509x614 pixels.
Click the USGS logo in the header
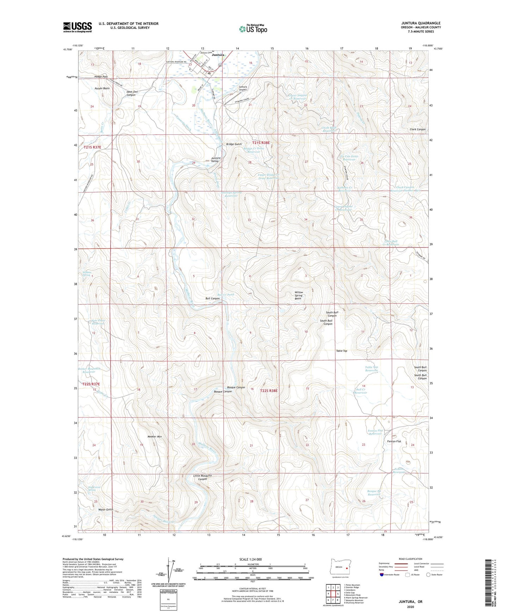coord(77,27)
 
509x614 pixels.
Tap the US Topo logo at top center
coord(253,29)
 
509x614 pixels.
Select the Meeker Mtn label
coord(154,437)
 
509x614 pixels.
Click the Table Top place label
coord(341,351)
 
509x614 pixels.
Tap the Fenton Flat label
coord(394,441)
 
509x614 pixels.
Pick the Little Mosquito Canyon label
coord(203,477)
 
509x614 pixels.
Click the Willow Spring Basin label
coord(298,295)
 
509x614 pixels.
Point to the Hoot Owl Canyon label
coord(131,93)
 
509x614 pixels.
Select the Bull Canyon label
coord(212,299)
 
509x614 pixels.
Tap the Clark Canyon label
coord(417,129)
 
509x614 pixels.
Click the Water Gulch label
coord(106,510)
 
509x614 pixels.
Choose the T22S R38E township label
coord(269,391)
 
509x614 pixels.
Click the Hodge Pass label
coord(101,77)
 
